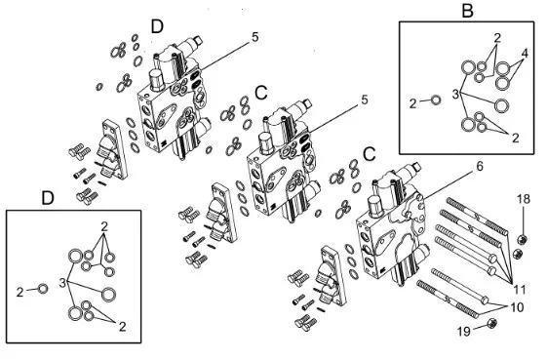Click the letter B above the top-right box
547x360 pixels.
click(x=467, y=11)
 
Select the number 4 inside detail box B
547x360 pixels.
click(x=525, y=54)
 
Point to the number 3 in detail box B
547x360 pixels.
click(x=455, y=95)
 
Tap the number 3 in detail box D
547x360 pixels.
click(x=62, y=283)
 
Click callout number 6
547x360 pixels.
click(x=480, y=167)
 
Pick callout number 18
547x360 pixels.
click(x=524, y=199)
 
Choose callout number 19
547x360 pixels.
click(x=464, y=332)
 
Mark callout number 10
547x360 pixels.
click(x=518, y=307)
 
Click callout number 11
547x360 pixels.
click(x=520, y=290)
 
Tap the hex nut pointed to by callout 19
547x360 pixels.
click(x=491, y=324)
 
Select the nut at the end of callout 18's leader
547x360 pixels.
click(x=522, y=240)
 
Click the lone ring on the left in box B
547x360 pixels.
click(x=436, y=100)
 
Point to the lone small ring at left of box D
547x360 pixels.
click(x=43, y=289)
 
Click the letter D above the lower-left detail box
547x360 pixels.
click(x=48, y=198)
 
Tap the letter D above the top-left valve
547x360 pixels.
click(x=157, y=26)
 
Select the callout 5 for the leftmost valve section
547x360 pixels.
click(x=255, y=37)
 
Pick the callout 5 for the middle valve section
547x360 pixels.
click(x=365, y=100)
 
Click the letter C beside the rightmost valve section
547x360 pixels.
click(x=370, y=154)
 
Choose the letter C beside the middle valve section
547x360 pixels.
click(x=261, y=93)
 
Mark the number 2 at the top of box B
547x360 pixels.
click(x=497, y=38)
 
